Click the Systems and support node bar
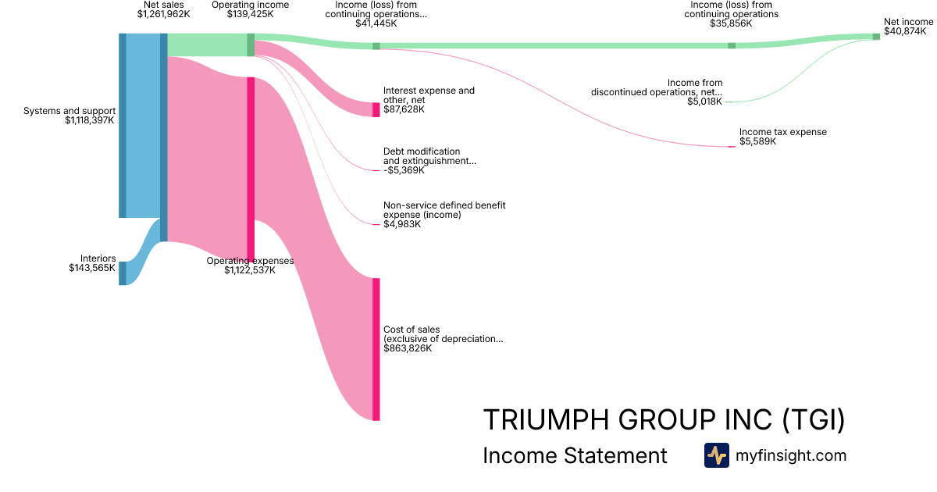coord(122,125)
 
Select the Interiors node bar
coord(122,273)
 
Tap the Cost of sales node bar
coord(376,349)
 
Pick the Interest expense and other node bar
coord(376,109)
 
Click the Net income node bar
coord(876,37)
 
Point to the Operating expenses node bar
coord(251,168)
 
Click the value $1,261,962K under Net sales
coord(163,14)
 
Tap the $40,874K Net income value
coord(905,32)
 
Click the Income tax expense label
coord(783,132)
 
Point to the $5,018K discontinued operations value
coord(704,102)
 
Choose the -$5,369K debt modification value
coord(404,170)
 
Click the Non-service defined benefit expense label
coord(444,210)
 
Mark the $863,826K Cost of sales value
coord(408,348)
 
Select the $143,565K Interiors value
coord(92,268)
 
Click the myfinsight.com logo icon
coord(716,455)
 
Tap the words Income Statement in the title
coord(575,455)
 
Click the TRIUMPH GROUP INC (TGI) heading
coord(664,420)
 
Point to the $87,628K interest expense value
coord(404,109)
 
